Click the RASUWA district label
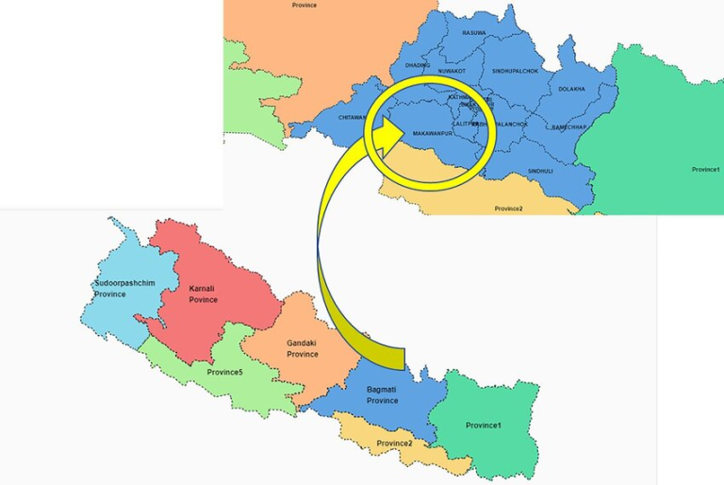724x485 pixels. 474,33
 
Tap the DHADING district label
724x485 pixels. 418,65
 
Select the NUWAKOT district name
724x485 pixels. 452,71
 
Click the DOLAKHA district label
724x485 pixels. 571,89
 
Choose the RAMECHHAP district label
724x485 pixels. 569,126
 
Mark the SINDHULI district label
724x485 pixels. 540,171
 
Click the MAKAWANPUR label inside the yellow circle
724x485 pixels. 435,134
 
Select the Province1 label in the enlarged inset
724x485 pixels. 706,169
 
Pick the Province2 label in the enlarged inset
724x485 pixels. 508,208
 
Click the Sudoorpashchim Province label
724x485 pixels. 123,289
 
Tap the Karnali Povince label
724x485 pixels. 203,294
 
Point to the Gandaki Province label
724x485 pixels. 303,349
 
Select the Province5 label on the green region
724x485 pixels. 224,372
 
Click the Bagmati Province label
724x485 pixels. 382,394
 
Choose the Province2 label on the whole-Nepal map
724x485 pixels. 395,443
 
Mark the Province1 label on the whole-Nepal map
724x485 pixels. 484,426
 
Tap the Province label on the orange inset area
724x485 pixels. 304,5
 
